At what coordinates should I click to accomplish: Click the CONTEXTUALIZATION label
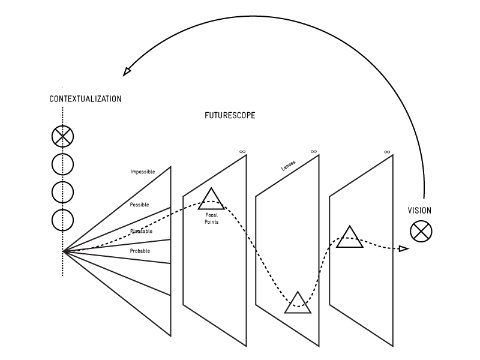85,99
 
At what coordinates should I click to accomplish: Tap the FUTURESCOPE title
230,116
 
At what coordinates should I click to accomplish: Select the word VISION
419,211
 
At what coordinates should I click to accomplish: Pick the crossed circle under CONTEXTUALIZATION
62,137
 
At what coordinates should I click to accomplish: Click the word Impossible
143,172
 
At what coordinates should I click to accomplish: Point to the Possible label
139,205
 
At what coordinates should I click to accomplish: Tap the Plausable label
141,231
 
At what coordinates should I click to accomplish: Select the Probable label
140,251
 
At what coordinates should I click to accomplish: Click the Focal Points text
211,219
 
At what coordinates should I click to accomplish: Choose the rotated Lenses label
289,166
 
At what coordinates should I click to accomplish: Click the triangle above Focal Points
211,200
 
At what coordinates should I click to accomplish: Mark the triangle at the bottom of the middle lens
298,304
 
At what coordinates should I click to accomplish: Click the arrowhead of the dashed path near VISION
404,248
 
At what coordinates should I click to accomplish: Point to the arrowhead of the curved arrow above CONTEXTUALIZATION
127,71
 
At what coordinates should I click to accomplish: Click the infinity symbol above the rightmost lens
387,152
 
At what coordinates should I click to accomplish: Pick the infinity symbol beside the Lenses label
313,152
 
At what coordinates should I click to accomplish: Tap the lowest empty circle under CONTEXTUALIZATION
62,220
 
